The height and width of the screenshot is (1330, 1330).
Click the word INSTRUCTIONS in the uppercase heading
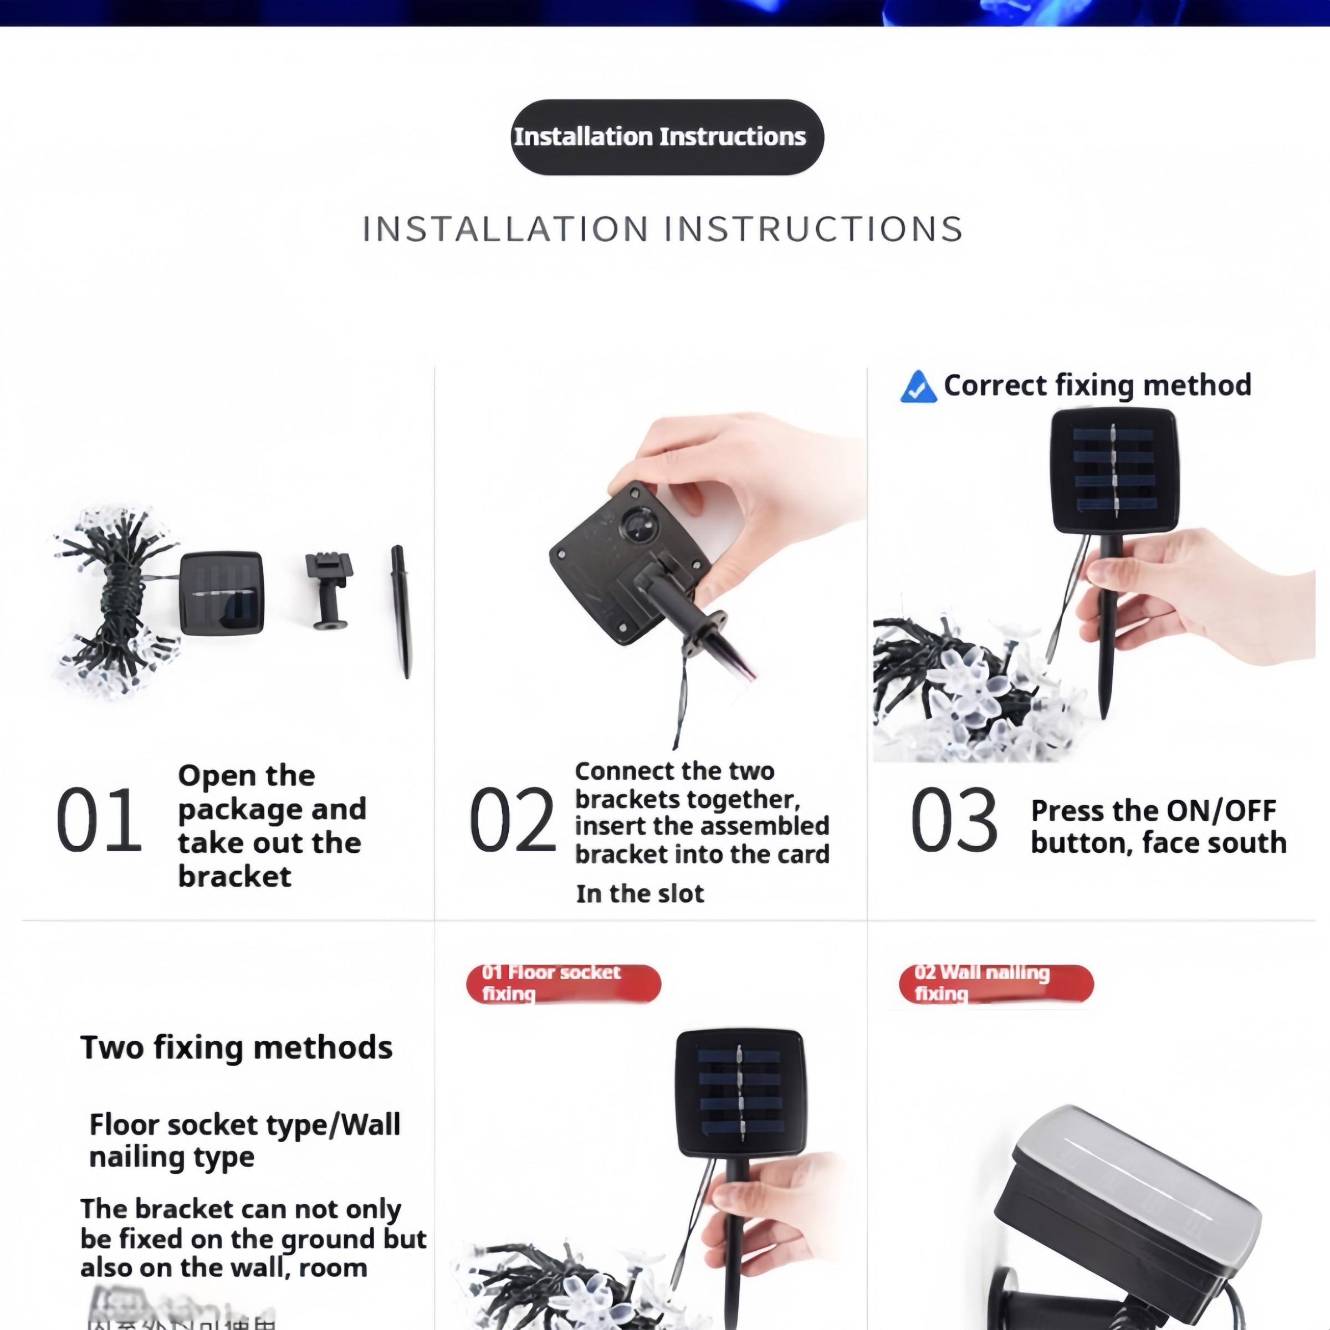pos(813,229)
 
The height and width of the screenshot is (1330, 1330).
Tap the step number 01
pos(99,820)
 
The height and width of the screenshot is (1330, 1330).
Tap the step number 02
pos(512,820)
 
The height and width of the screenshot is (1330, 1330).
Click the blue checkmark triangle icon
pos(918,387)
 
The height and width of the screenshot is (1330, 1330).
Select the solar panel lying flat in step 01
pos(222,593)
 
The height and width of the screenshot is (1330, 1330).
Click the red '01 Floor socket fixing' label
pos(563,984)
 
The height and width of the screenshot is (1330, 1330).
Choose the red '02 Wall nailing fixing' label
pos(995,984)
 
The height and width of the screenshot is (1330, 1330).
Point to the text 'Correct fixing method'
pos(1097,385)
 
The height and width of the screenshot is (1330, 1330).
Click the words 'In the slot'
pos(640,893)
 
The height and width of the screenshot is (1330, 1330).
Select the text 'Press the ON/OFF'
pos(1153,811)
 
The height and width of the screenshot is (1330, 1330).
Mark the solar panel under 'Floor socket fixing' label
pos(740,1093)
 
